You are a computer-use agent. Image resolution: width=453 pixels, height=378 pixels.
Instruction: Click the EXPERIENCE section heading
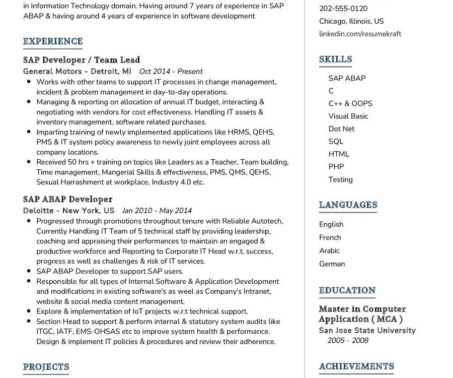pyautogui.click(x=53, y=41)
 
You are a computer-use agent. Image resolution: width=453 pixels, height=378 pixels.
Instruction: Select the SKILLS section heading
pyautogui.click(x=335, y=59)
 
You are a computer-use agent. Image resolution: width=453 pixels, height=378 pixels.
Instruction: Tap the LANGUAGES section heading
pyautogui.click(x=348, y=205)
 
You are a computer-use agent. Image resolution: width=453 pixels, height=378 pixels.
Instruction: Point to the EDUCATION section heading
pyautogui.click(x=347, y=290)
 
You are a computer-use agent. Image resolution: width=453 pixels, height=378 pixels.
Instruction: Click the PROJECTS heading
pyautogui.click(x=46, y=367)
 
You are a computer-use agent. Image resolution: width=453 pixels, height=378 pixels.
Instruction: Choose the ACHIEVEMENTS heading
pyautogui.click(x=356, y=366)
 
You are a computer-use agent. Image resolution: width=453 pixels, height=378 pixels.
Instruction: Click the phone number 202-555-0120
pyautogui.click(x=343, y=9)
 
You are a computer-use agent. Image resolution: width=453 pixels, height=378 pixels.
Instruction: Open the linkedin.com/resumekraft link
pyautogui.click(x=360, y=34)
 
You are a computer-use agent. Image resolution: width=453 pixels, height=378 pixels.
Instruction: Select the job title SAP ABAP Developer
pyautogui.click(x=67, y=199)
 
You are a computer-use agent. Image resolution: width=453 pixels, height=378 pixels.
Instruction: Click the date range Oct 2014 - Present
pyautogui.click(x=171, y=72)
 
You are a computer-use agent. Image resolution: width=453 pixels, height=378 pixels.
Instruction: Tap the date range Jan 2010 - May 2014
pyautogui.click(x=157, y=211)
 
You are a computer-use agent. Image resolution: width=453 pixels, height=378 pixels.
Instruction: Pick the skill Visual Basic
pyautogui.click(x=348, y=116)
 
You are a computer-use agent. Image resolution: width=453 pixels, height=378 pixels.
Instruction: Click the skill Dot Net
pyautogui.click(x=341, y=129)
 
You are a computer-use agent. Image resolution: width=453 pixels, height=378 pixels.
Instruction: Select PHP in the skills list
pyautogui.click(x=336, y=167)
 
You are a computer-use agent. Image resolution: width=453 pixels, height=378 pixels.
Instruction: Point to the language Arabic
pyautogui.click(x=329, y=250)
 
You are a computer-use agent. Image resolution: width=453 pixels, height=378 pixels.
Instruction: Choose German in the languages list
pyautogui.click(x=332, y=264)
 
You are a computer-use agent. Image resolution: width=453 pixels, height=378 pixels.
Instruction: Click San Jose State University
pyautogui.click(x=367, y=331)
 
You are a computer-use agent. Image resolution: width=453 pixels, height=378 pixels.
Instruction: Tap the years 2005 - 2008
pyautogui.click(x=348, y=341)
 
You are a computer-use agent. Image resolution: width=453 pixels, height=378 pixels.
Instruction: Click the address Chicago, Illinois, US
pyautogui.click(x=351, y=21)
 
